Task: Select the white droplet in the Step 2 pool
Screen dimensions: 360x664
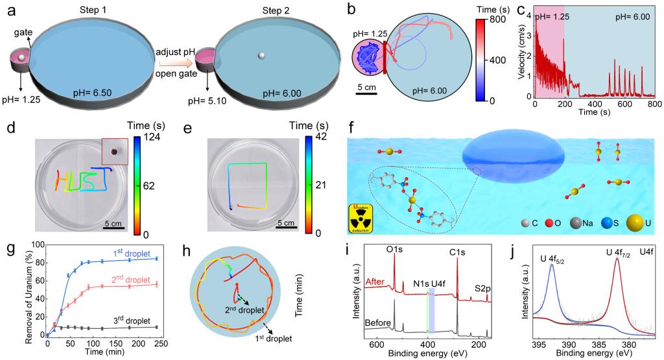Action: [260, 56]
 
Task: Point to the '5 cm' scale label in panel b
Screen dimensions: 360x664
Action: [366, 88]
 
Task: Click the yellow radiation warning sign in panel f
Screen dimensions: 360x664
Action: [364, 214]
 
